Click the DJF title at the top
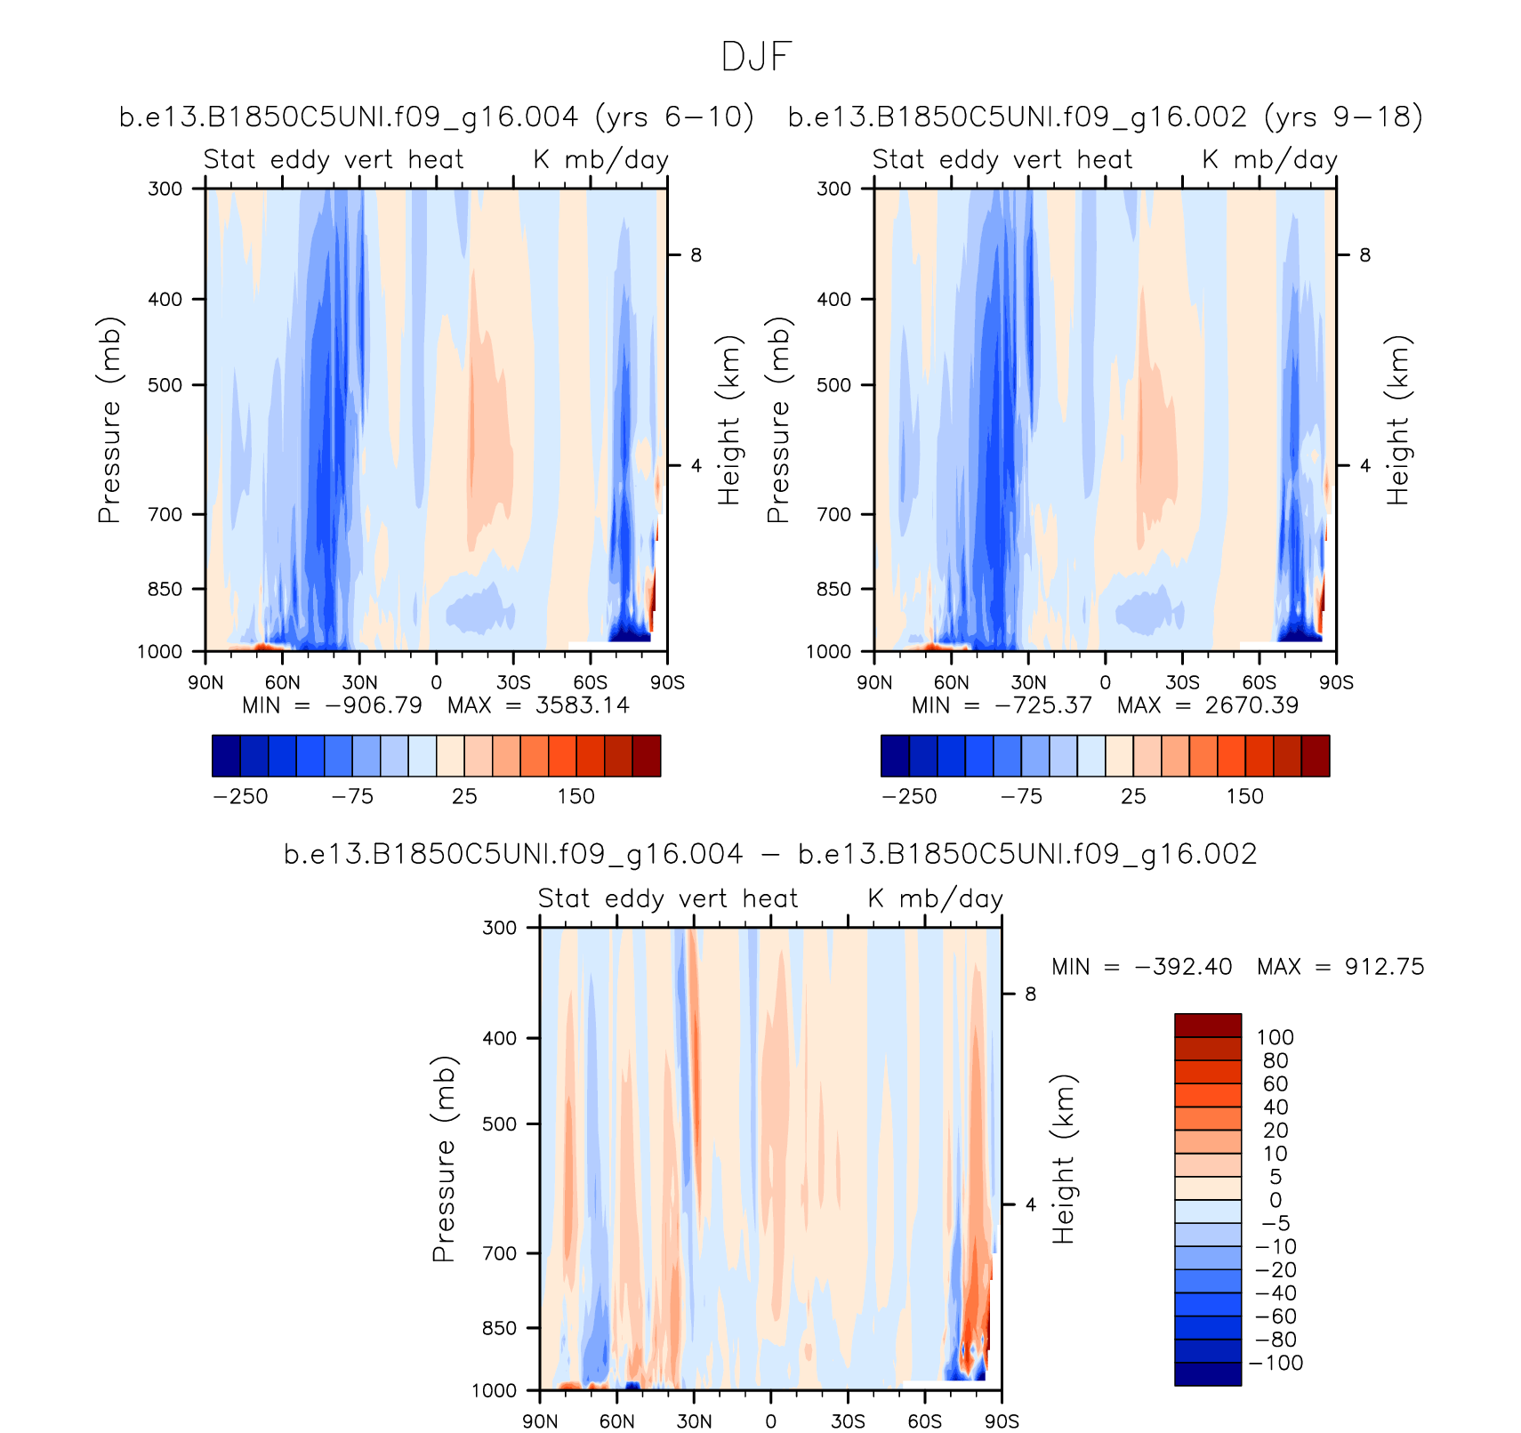(x=756, y=57)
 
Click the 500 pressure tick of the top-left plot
(x=165, y=385)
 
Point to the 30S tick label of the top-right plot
(x=1182, y=682)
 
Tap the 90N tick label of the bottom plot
(x=540, y=1421)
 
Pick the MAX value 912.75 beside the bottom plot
(x=1384, y=967)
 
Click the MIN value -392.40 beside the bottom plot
(x=1183, y=967)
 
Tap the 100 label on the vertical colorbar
(x=1275, y=1038)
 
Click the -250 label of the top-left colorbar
(x=240, y=797)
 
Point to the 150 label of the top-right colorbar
(x=1244, y=797)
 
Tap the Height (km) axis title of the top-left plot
(x=728, y=421)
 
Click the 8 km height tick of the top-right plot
(x=1364, y=256)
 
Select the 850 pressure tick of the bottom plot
(x=499, y=1328)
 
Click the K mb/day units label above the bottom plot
(x=936, y=898)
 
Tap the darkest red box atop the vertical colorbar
(x=1207, y=1026)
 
